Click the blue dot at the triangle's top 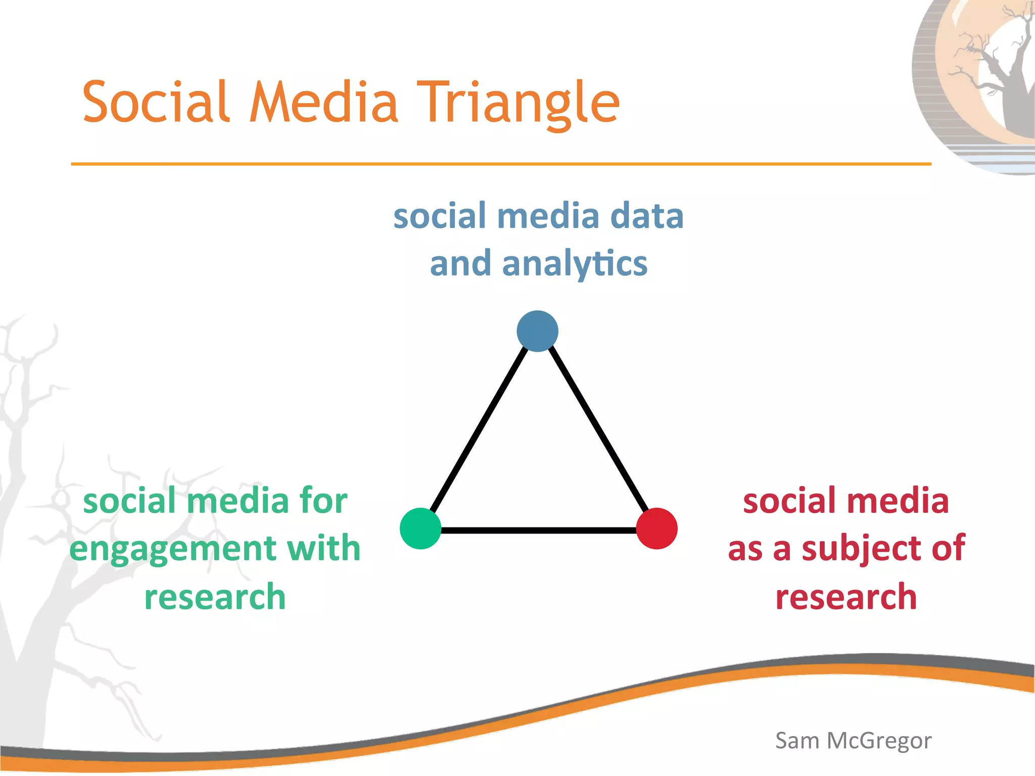pyautogui.click(x=537, y=331)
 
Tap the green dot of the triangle pyautogui.click(x=420, y=528)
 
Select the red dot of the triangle pyautogui.click(x=656, y=528)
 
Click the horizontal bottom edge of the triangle pyautogui.click(x=538, y=530)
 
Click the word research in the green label pyautogui.click(x=215, y=597)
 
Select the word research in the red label pyautogui.click(x=846, y=597)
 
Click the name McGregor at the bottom pyautogui.click(x=879, y=741)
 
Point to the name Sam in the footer pyautogui.click(x=797, y=741)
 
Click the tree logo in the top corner pyautogui.click(x=980, y=81)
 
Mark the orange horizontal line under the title pyautogui.click(x=500, y=164)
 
